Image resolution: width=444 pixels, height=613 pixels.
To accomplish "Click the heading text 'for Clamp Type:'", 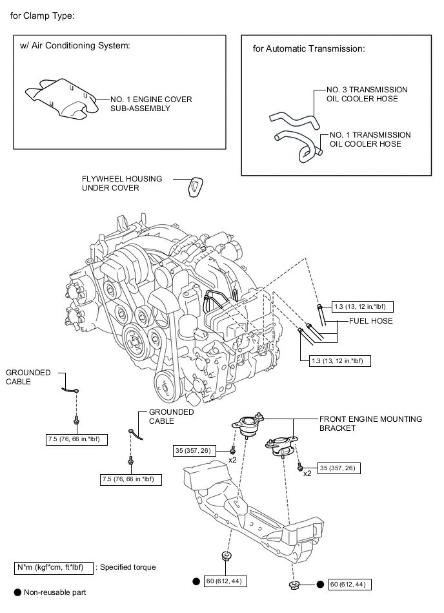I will click(x=43, y=16).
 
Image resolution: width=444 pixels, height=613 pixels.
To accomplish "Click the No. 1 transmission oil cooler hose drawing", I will click(x=298, y=145).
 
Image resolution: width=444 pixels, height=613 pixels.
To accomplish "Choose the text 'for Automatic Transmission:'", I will click(x=309, y=48).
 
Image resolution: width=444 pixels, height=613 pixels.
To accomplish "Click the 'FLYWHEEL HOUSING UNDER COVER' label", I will click(x=122, y=183).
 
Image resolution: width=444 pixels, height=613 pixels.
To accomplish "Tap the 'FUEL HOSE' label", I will click(x=371, y=320).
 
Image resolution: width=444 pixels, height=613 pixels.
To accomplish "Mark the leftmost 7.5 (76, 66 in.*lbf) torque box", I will click(x=77, y=439).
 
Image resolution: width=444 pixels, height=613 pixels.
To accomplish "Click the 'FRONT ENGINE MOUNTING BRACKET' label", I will click(x=370, y=423).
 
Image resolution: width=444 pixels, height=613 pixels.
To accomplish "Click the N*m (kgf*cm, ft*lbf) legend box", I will click(x=54, y=568).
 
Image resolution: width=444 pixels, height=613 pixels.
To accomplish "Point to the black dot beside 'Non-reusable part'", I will click(x=17, y=592).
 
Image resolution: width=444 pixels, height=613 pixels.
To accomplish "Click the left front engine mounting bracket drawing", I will click(x=247, y=426).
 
